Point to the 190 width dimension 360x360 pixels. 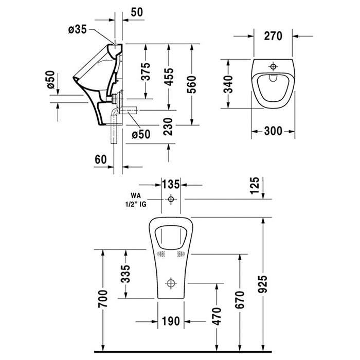coord(171,321)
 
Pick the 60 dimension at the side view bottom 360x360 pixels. coord(101,159)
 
